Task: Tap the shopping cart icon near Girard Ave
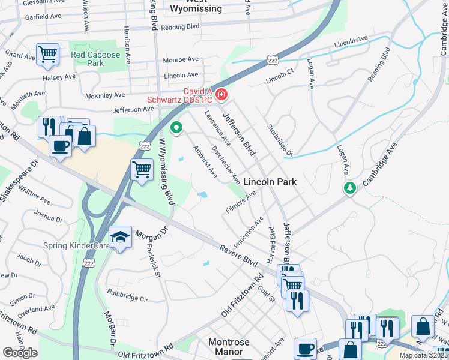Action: click(x=47, y=54)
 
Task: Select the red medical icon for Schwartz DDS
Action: click(x=221, y=94)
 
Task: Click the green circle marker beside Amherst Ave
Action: click(x=176, y=127)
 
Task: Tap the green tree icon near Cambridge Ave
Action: click(x=349, y=188)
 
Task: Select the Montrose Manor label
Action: click(x=229, y=347)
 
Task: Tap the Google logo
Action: click(x=20, y=353)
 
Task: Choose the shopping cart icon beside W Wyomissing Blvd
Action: click(x=142, y=169)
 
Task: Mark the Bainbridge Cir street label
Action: click(x=127, y=295)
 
